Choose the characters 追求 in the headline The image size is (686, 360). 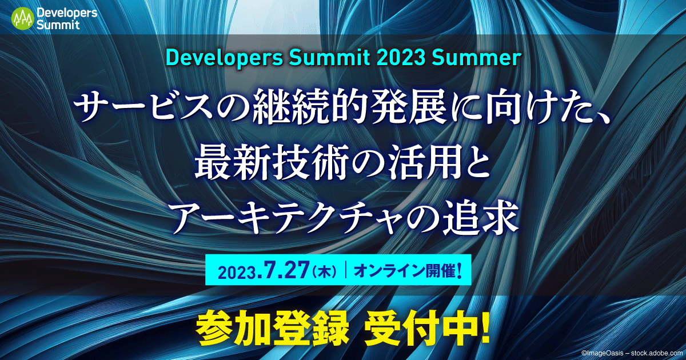[486, 219]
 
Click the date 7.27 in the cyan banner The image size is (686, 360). [284, 269]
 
